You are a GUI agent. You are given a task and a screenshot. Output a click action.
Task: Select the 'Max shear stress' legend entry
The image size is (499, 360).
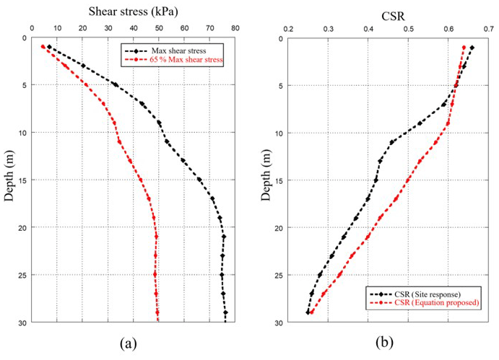pyautogui.click(x=178, y=51)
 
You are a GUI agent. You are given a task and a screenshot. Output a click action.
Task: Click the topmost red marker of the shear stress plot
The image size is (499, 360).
pyautogui.click(x=43, y=47)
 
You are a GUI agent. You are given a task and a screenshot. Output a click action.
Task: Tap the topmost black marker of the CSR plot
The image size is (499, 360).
pyautogui.click(x=472, y=48)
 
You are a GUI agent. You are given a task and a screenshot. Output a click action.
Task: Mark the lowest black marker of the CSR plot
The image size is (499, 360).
pyautogui.click(x=308, y=312)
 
